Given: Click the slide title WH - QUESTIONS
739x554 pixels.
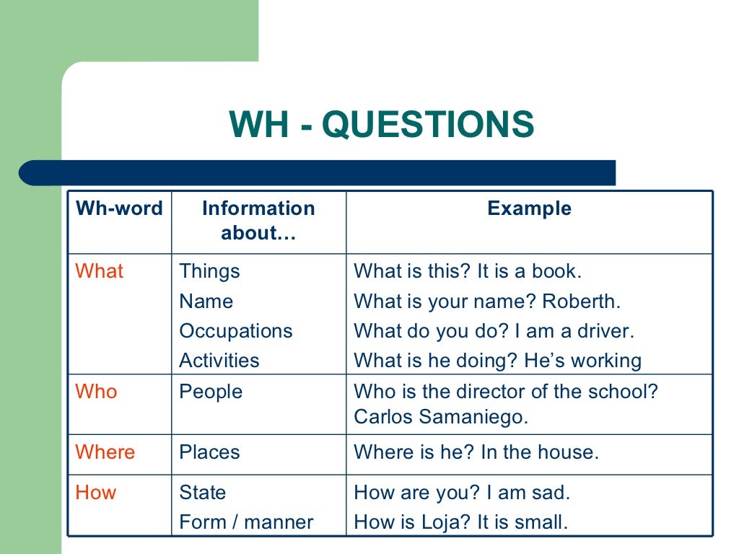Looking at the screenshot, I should (382, 125).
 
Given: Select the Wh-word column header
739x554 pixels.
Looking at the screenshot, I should (119, 208).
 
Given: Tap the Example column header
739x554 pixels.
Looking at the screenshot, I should (529, 208).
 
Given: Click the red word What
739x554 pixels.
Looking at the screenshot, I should (100, 271).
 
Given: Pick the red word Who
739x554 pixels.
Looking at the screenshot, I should (96, 392).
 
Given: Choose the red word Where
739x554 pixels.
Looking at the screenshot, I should (105, 452).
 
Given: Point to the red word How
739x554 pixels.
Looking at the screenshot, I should (96, 493).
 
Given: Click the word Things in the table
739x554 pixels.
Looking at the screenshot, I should (209, 271).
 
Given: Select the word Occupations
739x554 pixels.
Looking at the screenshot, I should (236, 331).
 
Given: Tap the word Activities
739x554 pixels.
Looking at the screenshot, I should (219, 361).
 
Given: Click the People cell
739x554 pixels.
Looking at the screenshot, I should (211, 392).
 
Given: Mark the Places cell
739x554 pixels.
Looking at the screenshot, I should (209, 452).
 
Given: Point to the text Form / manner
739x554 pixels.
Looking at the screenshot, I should (246, 522).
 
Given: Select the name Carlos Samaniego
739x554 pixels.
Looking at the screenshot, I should (441, 418).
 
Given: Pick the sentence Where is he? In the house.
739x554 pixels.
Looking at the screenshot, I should (476, 452).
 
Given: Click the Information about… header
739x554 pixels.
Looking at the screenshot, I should (258, 221).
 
